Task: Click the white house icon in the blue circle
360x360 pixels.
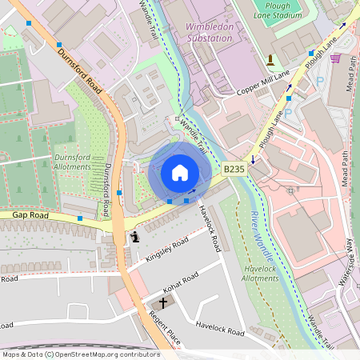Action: coord(179,173)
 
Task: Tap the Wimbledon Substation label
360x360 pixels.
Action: coord(210,30)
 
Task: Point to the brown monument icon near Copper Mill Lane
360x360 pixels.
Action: coord(270,59)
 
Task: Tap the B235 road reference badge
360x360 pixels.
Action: coord(233,169)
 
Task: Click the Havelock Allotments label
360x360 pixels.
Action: coord(260,274)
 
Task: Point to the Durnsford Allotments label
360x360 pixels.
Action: coord(75,162)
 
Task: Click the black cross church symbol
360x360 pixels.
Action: coord(163,302)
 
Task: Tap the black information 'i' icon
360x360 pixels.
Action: coord(134,236)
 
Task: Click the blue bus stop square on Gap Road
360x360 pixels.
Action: coord(79,218)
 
